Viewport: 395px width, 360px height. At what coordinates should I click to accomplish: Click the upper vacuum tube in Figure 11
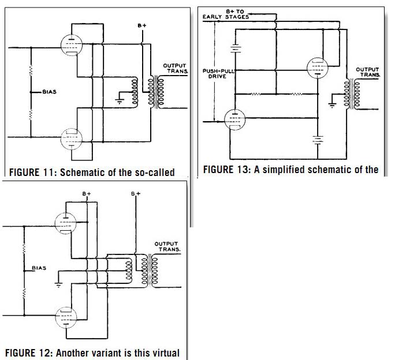point(72,46)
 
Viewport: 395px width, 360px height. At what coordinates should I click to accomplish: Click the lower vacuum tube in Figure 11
point(72,139)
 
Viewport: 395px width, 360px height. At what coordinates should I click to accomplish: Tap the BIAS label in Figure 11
point(50,92)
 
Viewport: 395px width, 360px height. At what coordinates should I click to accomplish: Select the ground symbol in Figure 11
point(120,101)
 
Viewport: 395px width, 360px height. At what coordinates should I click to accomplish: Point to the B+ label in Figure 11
point(142,25)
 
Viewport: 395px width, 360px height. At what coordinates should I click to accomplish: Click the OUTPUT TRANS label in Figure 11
point(176,69)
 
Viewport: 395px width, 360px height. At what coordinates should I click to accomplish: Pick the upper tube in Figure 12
point(66,223)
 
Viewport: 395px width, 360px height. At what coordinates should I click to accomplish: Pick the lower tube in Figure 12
point(66,317)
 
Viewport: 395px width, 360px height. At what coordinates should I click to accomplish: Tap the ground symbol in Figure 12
point(58,285)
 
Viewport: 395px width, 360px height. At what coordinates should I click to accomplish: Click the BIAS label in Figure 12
point(39,268)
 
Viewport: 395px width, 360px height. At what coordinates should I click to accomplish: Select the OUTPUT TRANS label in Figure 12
point(167,246)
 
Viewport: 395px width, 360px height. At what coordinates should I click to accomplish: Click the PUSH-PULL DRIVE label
point(218,73)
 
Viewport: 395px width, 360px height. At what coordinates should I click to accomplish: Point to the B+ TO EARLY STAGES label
point(226,14)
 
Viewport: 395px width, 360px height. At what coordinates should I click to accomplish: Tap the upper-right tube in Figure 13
point(318,68)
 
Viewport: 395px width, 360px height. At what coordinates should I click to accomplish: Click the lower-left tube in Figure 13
point(235,119)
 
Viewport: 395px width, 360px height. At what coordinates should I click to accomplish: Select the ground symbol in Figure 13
point(333,105)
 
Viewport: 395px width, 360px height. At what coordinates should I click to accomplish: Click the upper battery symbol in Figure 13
point(235,48)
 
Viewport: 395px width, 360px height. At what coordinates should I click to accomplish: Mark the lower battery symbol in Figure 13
point(318,140)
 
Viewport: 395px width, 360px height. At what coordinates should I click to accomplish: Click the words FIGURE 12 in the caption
point(28,352)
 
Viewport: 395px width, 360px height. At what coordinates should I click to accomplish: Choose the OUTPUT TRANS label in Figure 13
point(367,72)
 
